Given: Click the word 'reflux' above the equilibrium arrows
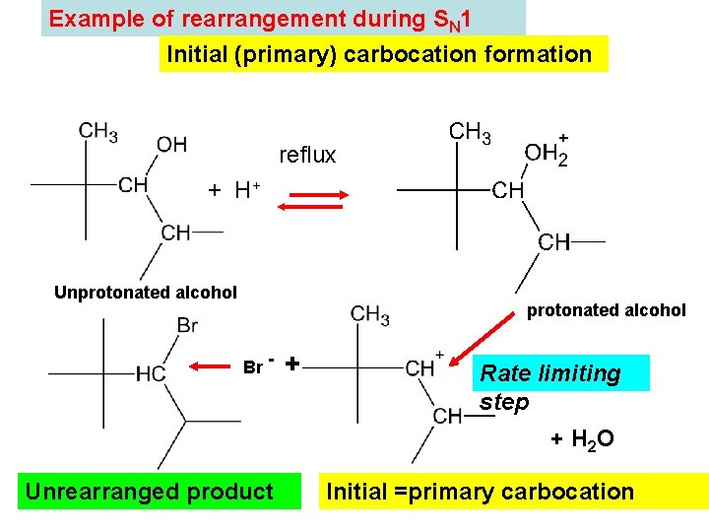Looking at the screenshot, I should tap(307, 155).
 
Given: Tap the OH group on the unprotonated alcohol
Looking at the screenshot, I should tap(171, 145).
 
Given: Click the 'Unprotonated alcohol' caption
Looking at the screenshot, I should tap(146, 292).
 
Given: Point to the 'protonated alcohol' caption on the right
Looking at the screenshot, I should tap(607, 310).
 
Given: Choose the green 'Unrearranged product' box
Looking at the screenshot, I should tap(149, 492).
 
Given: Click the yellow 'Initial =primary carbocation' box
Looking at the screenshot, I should tap(480, 492).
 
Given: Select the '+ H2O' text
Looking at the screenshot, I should tap(582, 438).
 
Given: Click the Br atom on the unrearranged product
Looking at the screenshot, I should tap(187, 324).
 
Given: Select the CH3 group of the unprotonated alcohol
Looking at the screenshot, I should tap(98, 132).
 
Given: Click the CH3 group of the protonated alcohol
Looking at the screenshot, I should tap(471, 132).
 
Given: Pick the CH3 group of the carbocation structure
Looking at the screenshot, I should tap(369, 315).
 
